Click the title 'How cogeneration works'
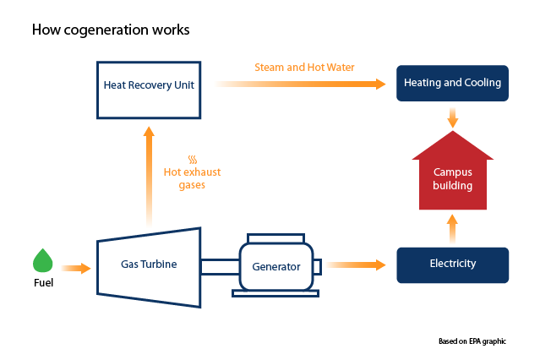click(111, 30)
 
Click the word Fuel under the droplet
click(42, 283)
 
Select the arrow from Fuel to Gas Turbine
click(76, 269)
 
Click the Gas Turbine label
click(149, 264)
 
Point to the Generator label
click(276, 266)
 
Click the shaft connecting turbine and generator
click(219, 266)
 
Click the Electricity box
click(452, 265)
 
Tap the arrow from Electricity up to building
click(452, 229)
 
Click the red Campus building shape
click(452, 178)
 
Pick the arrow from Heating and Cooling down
click(453, 117)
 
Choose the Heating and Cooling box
click(452, 83)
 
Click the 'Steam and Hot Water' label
click(305, 67)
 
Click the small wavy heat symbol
click(193, 158)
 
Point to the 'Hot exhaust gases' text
click(192, 178)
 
